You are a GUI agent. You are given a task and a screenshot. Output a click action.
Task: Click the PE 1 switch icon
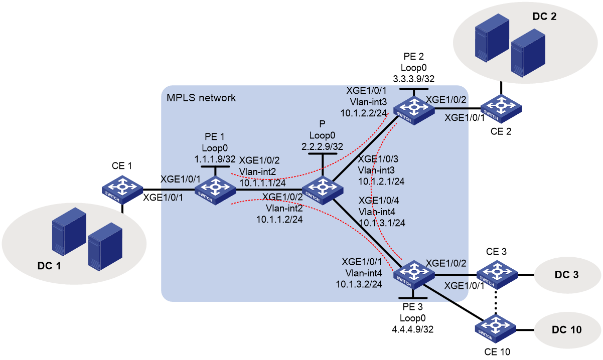(215, 190)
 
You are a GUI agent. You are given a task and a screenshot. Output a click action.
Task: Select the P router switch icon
(323, 190)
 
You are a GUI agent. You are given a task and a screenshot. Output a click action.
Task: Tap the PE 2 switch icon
(414, 110)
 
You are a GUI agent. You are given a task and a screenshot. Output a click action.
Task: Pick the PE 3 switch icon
(414, 275)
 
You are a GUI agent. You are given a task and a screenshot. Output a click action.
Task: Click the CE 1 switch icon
(122, 190)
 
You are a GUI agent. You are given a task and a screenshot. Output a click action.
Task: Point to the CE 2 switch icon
(501, 109)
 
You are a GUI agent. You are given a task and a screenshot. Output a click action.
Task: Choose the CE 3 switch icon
(497, 275)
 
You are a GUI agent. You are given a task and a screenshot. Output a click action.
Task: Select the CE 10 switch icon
(495, 329)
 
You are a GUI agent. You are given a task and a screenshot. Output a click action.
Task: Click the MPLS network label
(201, 98)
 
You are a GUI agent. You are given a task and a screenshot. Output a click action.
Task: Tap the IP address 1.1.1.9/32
(215, 159)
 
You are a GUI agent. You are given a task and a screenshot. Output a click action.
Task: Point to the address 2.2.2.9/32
(322, 146)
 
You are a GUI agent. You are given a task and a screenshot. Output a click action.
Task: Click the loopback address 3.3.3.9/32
(414, 79)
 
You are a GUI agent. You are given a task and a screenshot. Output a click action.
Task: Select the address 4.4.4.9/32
(413, 329)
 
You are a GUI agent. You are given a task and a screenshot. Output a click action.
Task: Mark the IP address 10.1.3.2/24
(359, 284)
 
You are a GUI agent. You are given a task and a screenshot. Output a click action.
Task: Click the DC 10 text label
(567, 329)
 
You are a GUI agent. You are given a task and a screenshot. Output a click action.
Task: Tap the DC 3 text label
(567, 275)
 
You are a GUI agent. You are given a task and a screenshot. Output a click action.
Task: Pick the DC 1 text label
(49, 266)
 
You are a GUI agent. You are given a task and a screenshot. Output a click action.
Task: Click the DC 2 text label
(545, 17)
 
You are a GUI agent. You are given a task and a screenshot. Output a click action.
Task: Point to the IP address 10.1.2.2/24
(363, 113)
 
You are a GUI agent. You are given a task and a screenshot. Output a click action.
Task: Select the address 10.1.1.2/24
(279, 220)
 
